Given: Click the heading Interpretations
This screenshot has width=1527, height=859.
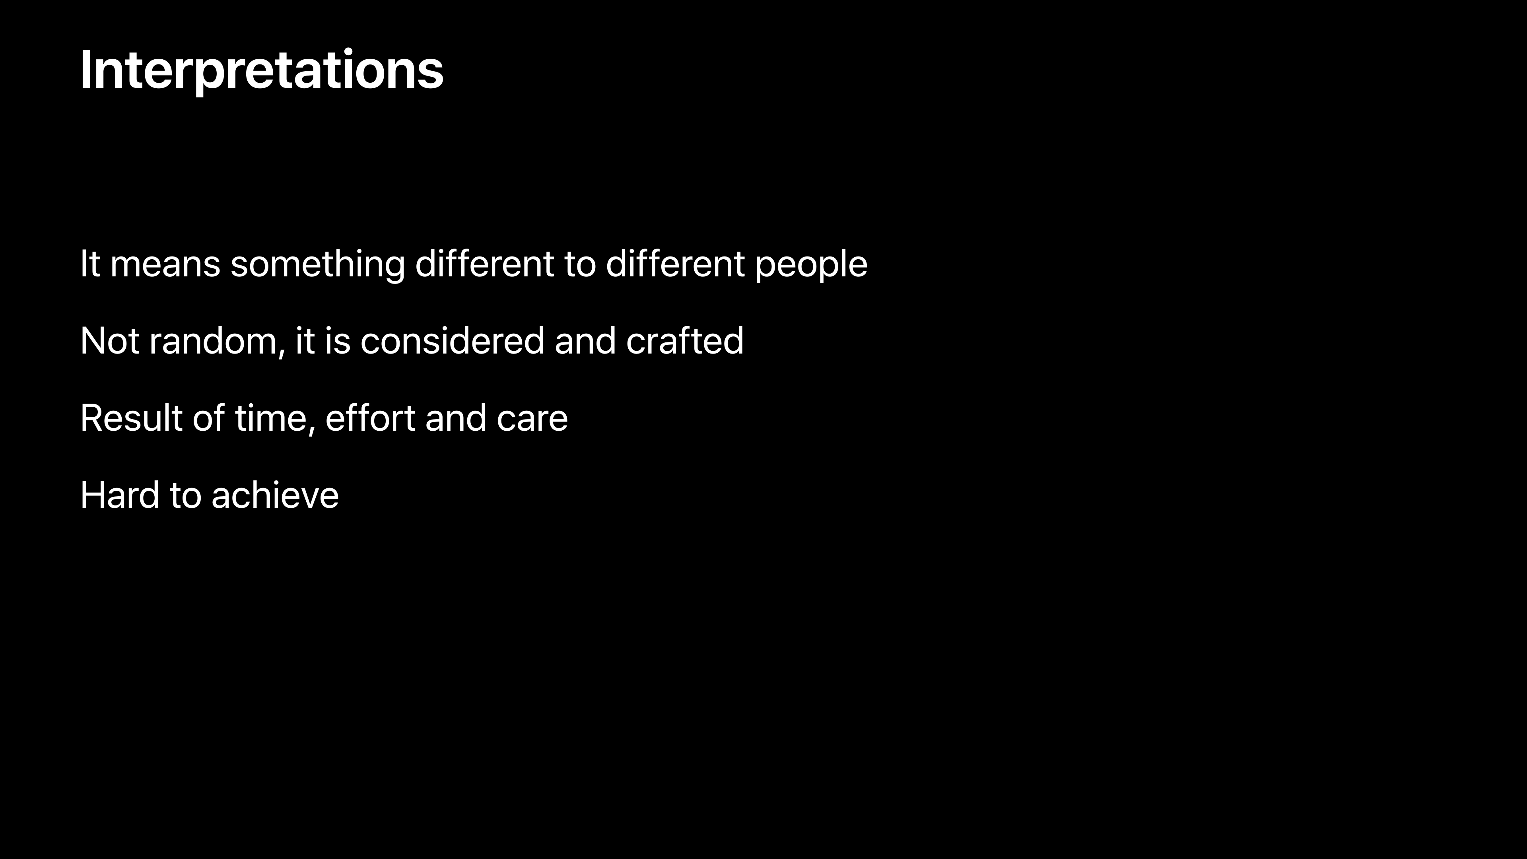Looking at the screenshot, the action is tap(261, 71).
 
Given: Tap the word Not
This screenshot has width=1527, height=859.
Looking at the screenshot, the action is tap(110, 342).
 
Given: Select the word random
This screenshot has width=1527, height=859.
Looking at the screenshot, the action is tap(213, 342).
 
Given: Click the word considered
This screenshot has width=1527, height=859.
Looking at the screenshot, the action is tap(452, 342).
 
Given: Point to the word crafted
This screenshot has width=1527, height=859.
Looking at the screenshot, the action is tap(685, 342).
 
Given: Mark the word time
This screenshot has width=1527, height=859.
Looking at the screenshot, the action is tap(271, 418).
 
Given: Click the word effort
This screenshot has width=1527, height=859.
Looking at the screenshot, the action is tap(371, 418).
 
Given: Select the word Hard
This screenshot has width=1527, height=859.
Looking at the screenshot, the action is tap(120, 496).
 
